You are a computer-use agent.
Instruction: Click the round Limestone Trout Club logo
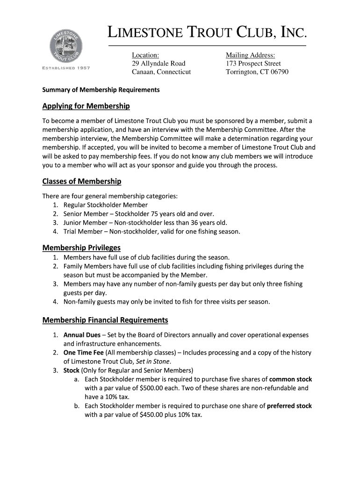pyautogui.click(x=66, y=45)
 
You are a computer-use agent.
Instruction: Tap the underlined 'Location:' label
pyautogui.click(x=145, y=55)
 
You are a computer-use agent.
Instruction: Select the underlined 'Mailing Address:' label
pyautogui.click(x=251, y=55)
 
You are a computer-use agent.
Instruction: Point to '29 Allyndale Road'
pyautogui.click(x=158, y=63)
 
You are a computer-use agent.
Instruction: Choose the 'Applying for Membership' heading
pyautogui.click(x=86, y=106)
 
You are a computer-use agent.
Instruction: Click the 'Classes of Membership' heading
pyautogui.click(x=82, y=181)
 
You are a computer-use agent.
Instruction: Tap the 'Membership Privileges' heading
pyautogui.click(x=81, y=247)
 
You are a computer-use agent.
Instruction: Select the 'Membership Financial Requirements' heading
pyautogui.click(x=105, y=320)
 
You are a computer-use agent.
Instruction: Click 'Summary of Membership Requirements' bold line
pyautogui.click(x=101, y=89)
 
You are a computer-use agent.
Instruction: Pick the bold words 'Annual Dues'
pyautogui.click(x=81, y=335)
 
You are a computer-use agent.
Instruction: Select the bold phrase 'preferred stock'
pyautogui.click(x=289, y=406)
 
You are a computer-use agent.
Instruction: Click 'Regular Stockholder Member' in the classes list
pyautogui.click(x=106, y=205)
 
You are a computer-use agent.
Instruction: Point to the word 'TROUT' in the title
pyautogui.click(x=211, y=33)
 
